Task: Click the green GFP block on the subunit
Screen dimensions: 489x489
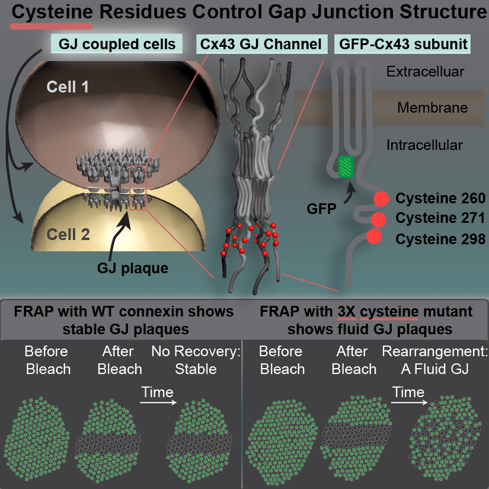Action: click(346, 166)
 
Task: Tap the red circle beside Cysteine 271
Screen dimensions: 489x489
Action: click(378, 219)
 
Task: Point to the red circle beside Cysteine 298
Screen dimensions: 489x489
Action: click(374, 237)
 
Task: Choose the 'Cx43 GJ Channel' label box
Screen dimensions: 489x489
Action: click(260, 44)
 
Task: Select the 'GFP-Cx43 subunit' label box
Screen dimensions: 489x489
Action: click(402, 44)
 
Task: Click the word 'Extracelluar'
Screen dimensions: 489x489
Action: click(425, 72)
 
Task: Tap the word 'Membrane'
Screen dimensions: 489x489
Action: click(432, 108)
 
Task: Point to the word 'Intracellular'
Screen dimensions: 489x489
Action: click(424, 145)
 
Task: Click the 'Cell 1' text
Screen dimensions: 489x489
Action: click(68, 88)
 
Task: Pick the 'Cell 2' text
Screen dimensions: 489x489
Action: click(68, 234)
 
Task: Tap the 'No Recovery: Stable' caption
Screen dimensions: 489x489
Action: click(196, 360)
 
